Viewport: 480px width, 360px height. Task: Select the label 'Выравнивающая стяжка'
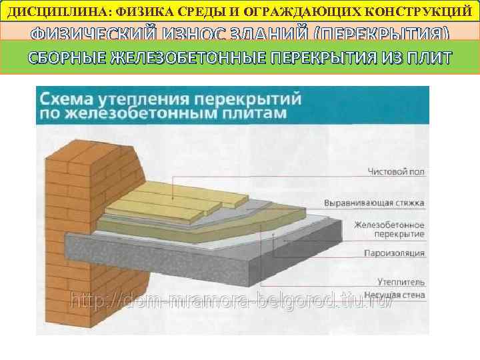pos(374,202)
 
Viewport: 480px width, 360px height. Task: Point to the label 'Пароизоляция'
pos(394,253)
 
